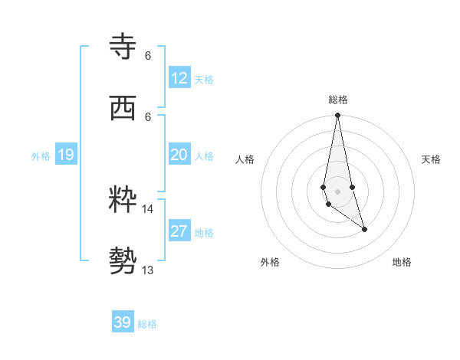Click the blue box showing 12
pos(179,78)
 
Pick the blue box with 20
pos(179,155)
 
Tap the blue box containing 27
pos(179,231)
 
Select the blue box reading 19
pos(66,155)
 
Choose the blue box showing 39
pos(123,322)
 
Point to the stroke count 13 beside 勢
pos(147,270)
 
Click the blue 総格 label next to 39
pos(147,324)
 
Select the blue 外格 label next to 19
pos(41,156)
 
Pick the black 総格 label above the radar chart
pos(338,100)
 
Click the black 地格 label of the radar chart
pos(402,262)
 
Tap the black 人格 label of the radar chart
pos(245,159)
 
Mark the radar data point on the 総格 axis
pos(337,116)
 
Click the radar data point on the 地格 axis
pos(364,229)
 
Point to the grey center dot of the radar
pos(337,191)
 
